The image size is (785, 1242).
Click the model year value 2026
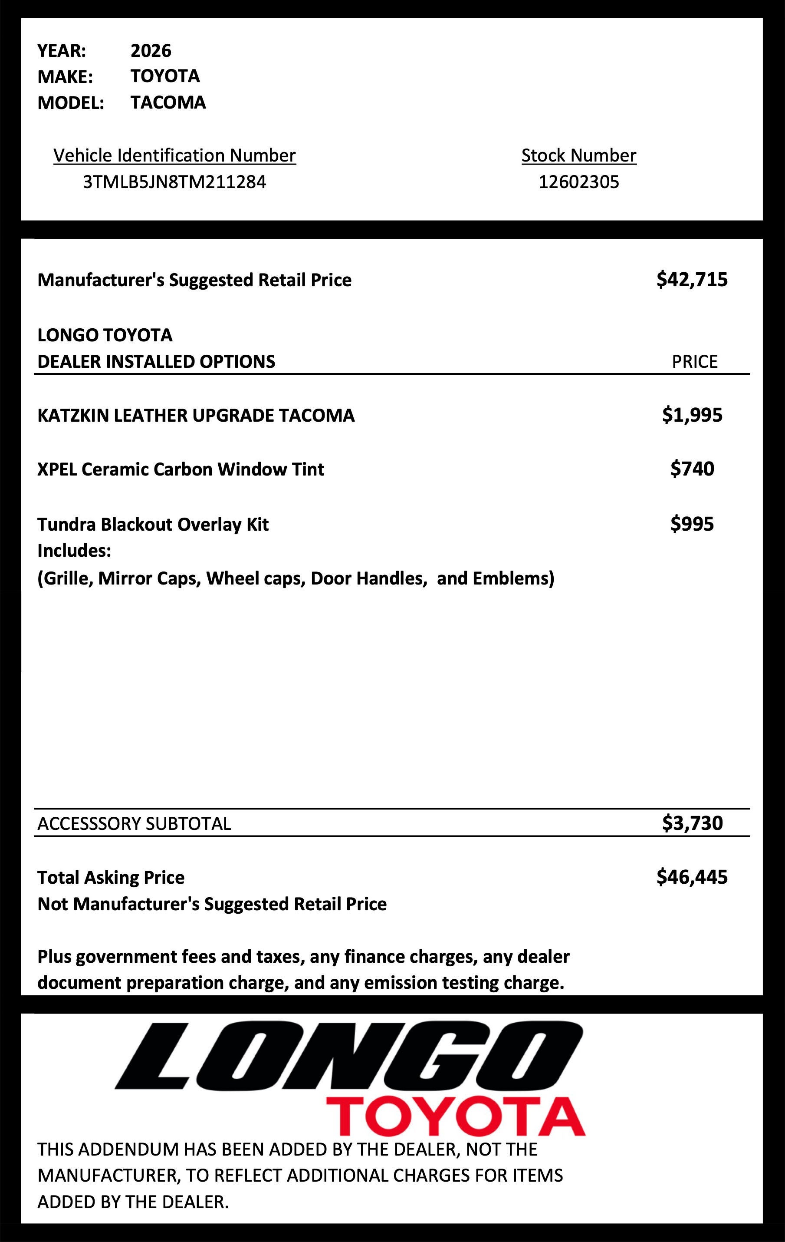[151, 50]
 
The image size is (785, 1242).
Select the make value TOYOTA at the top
[165, 76]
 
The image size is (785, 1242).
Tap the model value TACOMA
[168, 102]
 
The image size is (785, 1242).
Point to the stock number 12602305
[578, 182]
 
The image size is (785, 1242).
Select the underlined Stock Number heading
[578, 155]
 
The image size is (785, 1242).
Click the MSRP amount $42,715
[692, 280]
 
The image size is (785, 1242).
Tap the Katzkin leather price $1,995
[692, 415]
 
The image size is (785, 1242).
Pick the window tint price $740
[692, 469]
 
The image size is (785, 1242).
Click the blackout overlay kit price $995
[692, 524]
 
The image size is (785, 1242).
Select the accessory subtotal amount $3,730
[692, 823]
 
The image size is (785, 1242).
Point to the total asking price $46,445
[692, 877]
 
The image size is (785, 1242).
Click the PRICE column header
[694, 362]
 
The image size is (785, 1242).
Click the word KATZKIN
[72, 416]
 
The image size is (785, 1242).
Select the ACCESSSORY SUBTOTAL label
[134, 824]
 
